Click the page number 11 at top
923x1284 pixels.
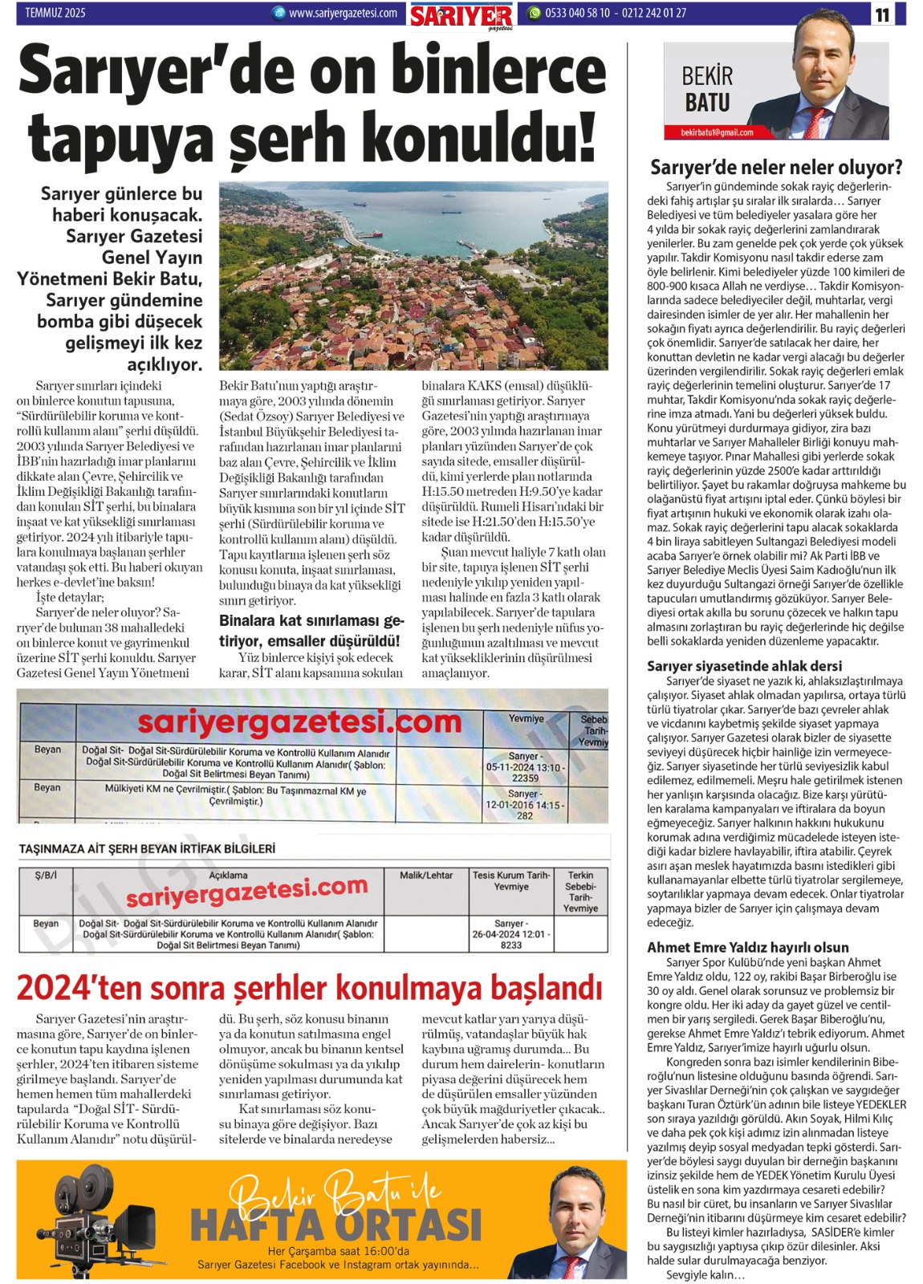click(x=882, y=14)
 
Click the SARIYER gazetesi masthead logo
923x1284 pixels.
click(x=461, y=15)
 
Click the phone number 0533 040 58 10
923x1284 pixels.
click(x=577, y=13)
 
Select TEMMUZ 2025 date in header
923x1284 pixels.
click(x=55, y=13)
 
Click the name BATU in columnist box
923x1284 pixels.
click(x=706, y=103)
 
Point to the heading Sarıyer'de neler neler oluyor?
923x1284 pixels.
click(x=775, y=167)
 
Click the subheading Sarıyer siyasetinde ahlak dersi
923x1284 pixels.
click(x=744, y=665)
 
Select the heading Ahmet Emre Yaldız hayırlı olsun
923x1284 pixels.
click(x=747, y=947)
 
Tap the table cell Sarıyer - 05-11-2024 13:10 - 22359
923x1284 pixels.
click(x=524, y=766)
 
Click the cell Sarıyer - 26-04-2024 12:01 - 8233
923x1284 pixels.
click(x=510, y=934)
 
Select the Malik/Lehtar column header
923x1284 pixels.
click(x=426, y=876)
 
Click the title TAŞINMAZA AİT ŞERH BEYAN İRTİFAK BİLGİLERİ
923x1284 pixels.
click(x=147, y=848)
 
